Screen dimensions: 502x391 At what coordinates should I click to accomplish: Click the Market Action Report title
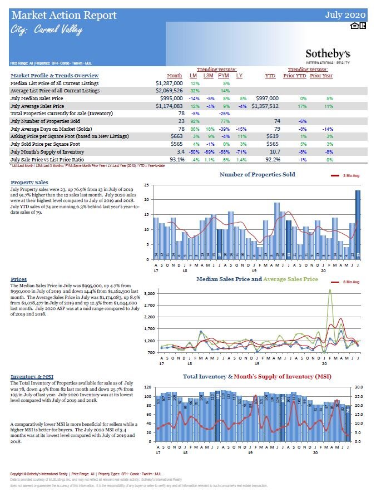point(63,15)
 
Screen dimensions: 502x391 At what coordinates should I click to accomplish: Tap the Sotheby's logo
point(328,55)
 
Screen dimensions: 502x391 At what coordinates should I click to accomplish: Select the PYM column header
point(223,75)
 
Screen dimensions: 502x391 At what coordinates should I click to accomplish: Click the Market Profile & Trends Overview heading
point(55,75)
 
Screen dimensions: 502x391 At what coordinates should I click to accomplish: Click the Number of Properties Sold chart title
point(257,174)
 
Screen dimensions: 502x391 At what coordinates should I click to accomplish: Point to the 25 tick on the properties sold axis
point(146,185)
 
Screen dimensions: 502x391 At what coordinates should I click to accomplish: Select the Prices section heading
point(18,279)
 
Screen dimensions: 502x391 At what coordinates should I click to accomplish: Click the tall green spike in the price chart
point(330,295)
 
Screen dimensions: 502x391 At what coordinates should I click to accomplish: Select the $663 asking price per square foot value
point(176,136)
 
